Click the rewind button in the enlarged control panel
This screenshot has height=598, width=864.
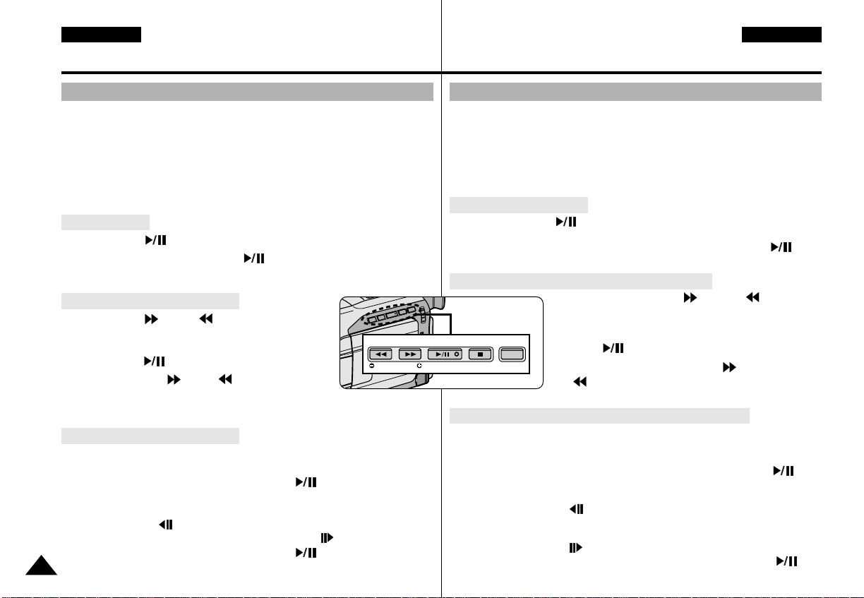381,354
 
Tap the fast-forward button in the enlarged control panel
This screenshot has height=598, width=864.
409,354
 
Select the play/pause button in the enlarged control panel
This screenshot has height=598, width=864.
445,354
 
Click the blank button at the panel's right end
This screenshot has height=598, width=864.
512,354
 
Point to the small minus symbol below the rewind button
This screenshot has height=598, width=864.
371,366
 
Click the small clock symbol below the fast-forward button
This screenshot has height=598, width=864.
419,366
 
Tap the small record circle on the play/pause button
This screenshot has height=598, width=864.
457,354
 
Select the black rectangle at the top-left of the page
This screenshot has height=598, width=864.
101,35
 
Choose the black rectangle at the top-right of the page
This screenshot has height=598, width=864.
781,35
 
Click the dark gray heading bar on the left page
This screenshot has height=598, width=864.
247,92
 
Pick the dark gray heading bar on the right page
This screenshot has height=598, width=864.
635,92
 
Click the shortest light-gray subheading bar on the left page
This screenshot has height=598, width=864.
105,222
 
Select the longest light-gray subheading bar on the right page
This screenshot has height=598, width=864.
599,415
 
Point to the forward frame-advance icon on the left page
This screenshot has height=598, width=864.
327,538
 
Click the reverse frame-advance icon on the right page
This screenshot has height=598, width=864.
575,508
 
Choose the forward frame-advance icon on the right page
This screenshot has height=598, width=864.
575,547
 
